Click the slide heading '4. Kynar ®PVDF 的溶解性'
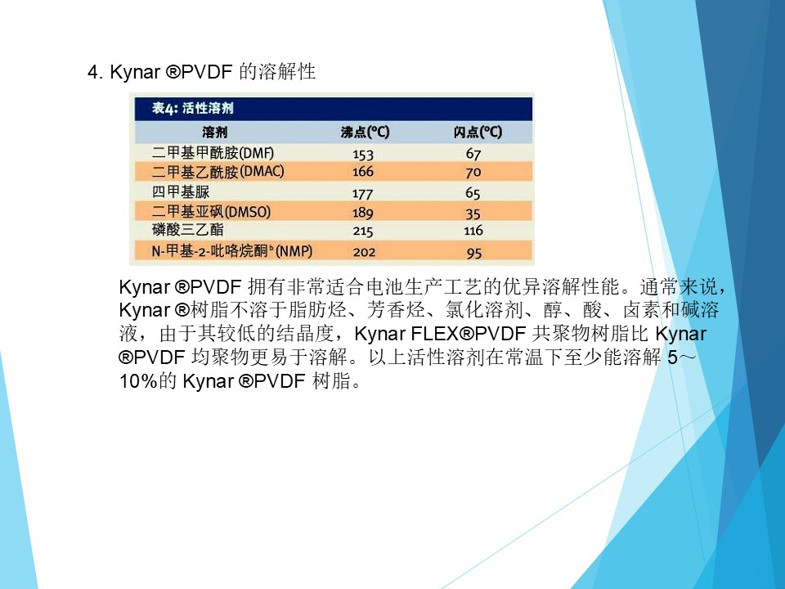point(202,72)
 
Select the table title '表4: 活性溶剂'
point(193,108)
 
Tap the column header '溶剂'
point(215,133)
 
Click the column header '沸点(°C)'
point(365,133)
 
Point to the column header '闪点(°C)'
point(478,133)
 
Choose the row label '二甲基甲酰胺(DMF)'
point(213,153)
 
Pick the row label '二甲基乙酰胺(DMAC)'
point(218,172)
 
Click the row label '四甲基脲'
point(181,191)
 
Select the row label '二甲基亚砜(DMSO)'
point(211,211)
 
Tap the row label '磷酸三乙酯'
point(188,230)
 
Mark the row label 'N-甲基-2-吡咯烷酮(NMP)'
point(231,250)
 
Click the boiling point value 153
point(363,155)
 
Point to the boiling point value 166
point(363,172)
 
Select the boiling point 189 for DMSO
point(363,213)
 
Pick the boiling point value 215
point(363,232)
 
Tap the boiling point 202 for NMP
point(364,252)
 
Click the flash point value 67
point(473,154)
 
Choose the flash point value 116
point(473,231)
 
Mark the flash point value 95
point(474,253)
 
